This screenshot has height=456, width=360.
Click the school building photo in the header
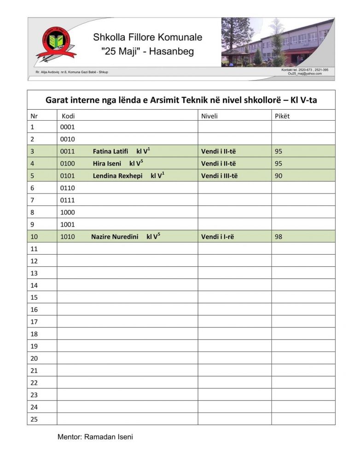click(278, 42)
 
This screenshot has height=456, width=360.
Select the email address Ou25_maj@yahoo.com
click(305, 74)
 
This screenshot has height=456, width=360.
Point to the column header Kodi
click(68, 116)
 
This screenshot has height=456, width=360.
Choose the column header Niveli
click(209, 116)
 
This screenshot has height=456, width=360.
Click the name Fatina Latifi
click(110, 151)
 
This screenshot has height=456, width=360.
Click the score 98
click(279, 237)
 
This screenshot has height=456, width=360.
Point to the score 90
click(279, 175)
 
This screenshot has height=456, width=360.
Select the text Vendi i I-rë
click(218, 237)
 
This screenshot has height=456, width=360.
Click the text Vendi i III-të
click(220, 175)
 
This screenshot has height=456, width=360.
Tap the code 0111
click(67, 200)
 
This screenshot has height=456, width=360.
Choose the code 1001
click(67, 224)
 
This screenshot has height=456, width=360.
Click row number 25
click(34, 419)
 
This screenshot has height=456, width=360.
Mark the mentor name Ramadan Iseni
click(109, 437)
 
